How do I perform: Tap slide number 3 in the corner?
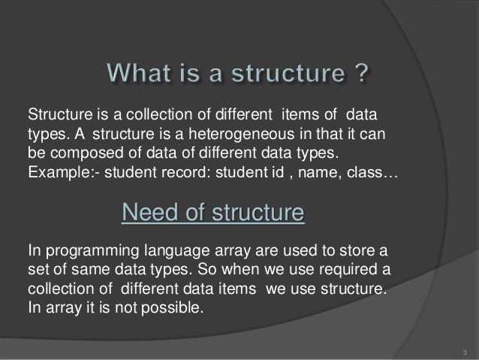(465, 352)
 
